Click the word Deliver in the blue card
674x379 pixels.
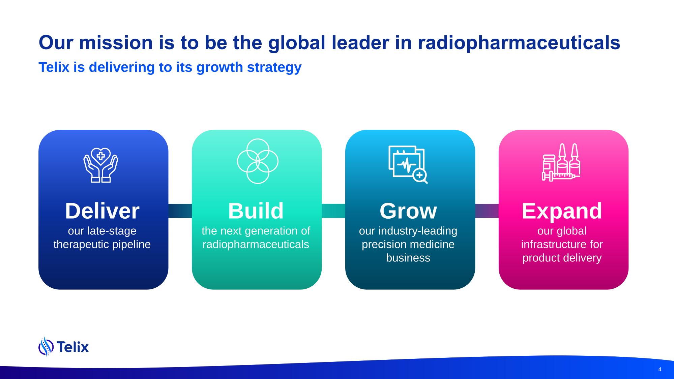(x=102, y=211)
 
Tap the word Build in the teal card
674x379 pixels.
(x=256, y=211)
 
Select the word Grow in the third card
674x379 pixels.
(x=408, y=211)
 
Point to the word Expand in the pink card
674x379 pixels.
(x=562, y=211)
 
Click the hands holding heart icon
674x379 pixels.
(x=101, y=165)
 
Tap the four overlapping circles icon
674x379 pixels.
(x=258, y=161)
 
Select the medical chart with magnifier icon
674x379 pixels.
(x=408, y=164)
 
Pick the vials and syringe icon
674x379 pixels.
(x=561, y=162)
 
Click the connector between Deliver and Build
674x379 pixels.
(x=180, y=211)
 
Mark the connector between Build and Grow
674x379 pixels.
(x=333, y=211)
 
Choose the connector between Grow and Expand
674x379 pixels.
(x=487, y=211)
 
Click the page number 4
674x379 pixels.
(x=660, y=370)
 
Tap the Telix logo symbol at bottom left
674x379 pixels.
(x=46, y=347)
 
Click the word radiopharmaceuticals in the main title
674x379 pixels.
(x=519, y=43)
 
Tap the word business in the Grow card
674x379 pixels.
(x=408, y=258)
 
